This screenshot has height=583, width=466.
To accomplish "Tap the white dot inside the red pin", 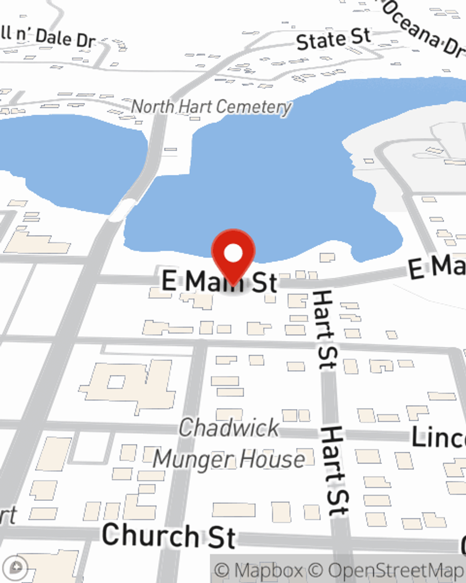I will [233, 253].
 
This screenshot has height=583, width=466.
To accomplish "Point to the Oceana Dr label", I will [424, 28].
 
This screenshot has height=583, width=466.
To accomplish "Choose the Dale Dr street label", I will [65, 37].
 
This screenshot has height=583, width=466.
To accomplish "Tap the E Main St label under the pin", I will [219, 282].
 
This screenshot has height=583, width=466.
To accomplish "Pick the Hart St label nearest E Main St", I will [324, 329].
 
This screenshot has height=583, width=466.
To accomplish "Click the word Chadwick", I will [229, 428].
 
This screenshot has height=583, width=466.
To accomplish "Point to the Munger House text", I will [229, 459].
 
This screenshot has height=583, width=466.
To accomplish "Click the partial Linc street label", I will [438, 437].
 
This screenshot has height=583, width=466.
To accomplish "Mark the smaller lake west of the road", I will [70, 159].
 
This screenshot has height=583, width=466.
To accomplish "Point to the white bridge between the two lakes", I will [122, 208].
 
